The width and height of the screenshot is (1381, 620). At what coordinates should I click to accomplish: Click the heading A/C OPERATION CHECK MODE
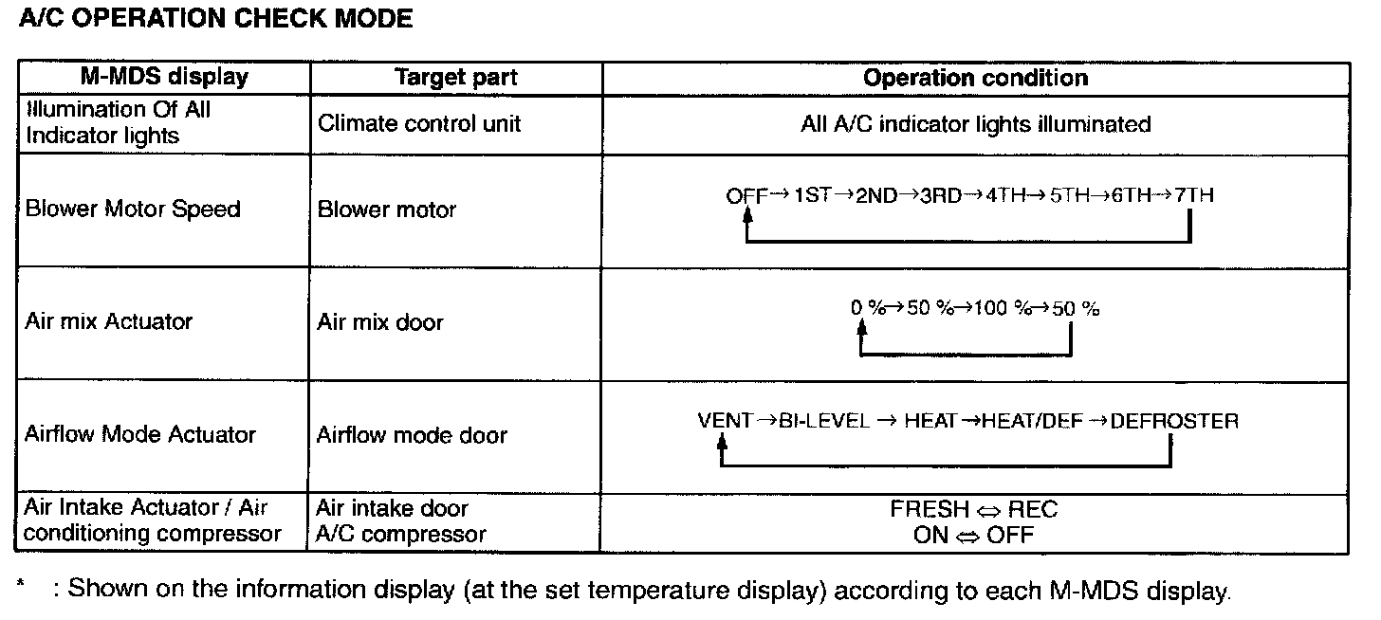(215, 19)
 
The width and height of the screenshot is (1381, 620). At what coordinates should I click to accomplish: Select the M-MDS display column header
(163, 78)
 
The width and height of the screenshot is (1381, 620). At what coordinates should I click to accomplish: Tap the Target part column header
(456, 78)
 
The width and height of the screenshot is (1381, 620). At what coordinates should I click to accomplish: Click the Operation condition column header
(975, 78)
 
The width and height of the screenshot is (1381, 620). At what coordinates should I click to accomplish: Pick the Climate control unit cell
(419, 123)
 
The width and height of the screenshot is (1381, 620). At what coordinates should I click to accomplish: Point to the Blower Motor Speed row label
(133, 209)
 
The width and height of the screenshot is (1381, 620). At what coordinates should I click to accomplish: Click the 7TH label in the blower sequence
(1192, 196)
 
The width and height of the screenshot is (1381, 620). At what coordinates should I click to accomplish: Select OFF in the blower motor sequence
(746, 196)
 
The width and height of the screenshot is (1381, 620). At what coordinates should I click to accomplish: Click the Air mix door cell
(380, 322)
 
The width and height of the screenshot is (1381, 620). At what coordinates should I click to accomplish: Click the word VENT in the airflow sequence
(725, 421)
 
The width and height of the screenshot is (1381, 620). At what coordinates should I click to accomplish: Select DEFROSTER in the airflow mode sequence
(1174, 421)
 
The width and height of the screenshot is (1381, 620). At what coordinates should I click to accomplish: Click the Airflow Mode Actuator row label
(140, 434)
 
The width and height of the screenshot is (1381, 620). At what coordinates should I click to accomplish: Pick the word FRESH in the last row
(930, 509)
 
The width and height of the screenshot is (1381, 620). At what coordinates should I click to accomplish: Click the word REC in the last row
(1033, 509)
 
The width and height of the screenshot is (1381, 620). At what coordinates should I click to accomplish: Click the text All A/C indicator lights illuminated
(975, 123)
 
